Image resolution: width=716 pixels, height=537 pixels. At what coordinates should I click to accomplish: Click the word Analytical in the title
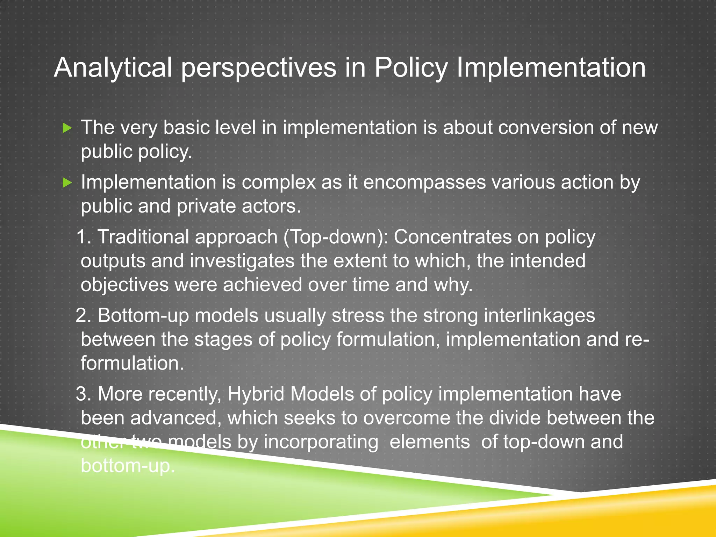(x=113, y=68)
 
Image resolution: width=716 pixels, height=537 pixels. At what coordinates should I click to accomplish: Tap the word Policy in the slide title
(x=411, y=68)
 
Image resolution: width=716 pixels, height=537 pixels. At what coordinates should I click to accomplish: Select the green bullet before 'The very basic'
(x=67, y=128)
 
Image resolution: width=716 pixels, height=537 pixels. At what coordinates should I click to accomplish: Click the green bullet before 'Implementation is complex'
(x=67, y=182)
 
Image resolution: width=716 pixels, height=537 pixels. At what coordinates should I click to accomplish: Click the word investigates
(x=242, y=261)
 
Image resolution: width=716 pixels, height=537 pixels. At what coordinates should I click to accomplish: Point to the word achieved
(x=262, y=285)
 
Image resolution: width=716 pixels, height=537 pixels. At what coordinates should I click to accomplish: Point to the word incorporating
(x=321, y=442)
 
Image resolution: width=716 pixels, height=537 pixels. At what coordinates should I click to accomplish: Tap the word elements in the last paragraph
(x=429, y=442)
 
